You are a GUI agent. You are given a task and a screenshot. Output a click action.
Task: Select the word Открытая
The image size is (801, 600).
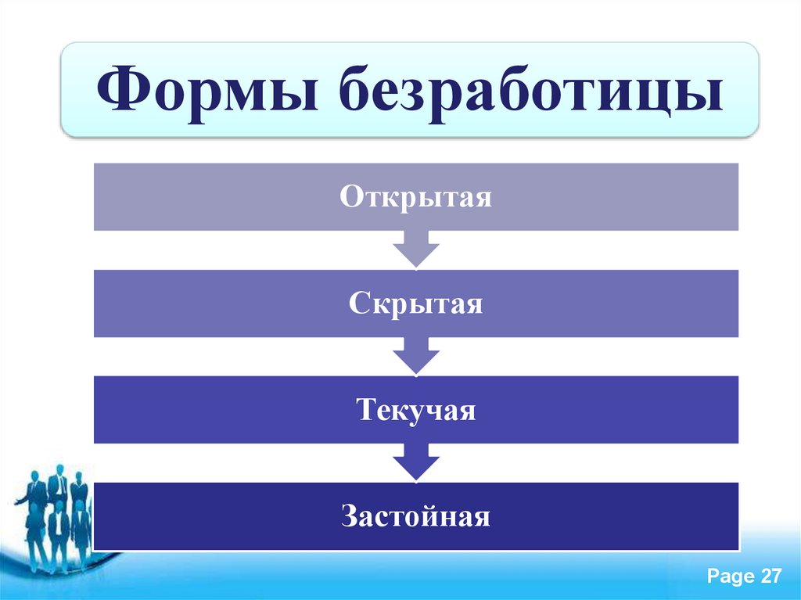[416, 196]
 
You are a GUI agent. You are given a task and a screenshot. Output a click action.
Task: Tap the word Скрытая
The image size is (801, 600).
[416, 303]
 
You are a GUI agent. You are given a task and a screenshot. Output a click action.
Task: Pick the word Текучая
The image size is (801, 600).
[416, 410]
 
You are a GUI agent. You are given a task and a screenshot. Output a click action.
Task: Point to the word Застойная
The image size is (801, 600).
[416, 516]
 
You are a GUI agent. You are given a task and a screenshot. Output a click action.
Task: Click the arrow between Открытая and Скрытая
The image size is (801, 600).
[416, 249]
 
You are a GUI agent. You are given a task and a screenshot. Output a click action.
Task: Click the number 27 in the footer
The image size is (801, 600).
[770, 577]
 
